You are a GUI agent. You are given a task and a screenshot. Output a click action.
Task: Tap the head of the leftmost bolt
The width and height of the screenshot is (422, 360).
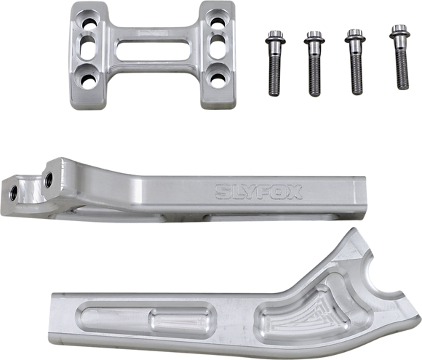pos(276,36)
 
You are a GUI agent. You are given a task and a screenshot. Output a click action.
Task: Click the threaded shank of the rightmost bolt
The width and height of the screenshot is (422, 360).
pos(398,65)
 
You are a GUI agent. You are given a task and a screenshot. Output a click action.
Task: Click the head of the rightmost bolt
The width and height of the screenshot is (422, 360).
pos(397,31)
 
